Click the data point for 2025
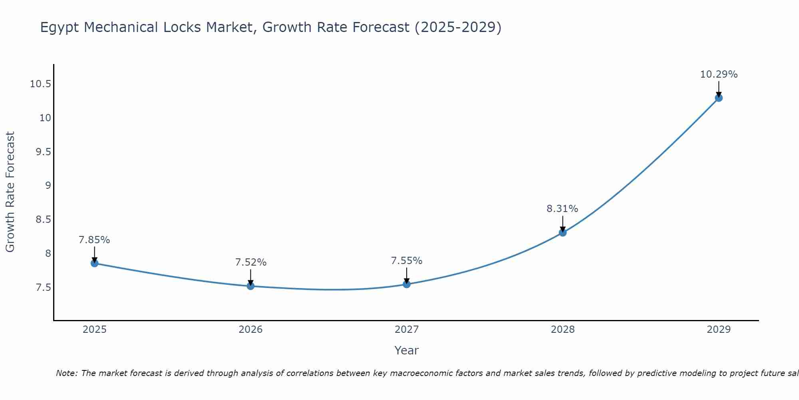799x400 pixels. point(95,263)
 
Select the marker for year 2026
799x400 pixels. point(250,286)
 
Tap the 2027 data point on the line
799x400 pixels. point(407,284)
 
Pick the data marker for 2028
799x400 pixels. point(562,232)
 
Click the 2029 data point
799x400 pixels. point(719,98)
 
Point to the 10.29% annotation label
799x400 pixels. point(719,74)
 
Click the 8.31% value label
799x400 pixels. point(562,209)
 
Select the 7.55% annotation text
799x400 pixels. point(406,261)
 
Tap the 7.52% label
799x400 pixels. point(250,262)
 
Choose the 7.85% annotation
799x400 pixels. point(94,240)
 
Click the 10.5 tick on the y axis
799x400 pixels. point(40,84)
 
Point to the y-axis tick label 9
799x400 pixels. point(48,186)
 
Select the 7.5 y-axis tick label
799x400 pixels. point(43,288)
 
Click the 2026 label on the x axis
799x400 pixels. point(250,330)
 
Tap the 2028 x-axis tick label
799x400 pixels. point(562,330)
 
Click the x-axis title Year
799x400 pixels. point(406,350)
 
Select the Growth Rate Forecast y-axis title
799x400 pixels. point(10,192)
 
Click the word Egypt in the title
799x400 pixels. point(60,28)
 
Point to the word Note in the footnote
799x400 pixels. point(66,373)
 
